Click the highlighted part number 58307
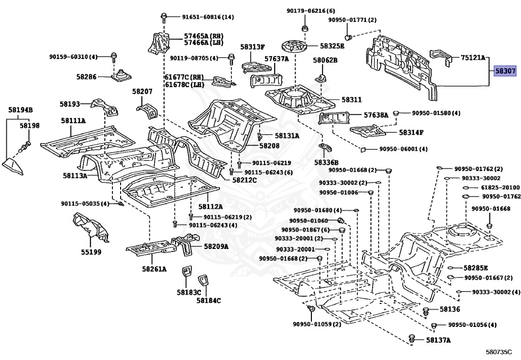[505, 71]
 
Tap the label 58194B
[20, 109]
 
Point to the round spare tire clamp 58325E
[295, 45]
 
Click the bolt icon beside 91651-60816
[163, 17]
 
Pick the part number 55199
[91, 252]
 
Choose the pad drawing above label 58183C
[186, 272]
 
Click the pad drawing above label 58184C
[202, 281]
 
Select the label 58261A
[155, 268]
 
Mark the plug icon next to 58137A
[412, 339]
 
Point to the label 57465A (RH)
[204, 36]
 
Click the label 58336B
[326, 162]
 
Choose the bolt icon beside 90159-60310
[113, 58]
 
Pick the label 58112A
[210, 206]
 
